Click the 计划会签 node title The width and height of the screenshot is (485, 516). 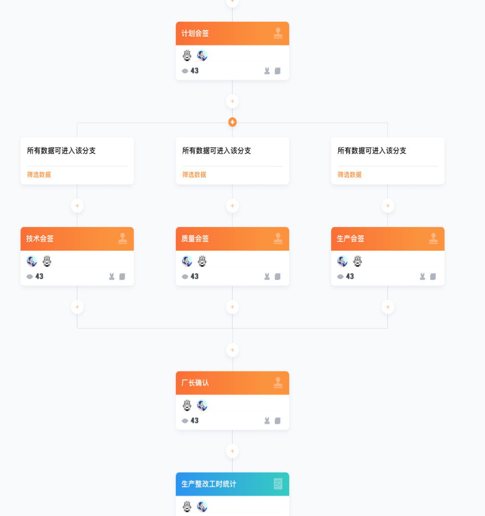[195, 33]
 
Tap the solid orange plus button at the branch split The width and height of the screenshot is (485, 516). [232, 122]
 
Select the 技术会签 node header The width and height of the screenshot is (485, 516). [77, 238]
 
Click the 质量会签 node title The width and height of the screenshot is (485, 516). [195, 238]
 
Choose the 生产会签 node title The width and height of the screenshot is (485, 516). [351, 238]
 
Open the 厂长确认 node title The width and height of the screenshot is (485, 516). [195, 383]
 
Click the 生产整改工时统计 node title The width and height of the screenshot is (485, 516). [209, 484]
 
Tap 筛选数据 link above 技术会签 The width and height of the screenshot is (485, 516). [39, 175]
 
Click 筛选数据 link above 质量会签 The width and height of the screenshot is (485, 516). [194, 175]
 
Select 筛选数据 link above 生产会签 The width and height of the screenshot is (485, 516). [350, 175]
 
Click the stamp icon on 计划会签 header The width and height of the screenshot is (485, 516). [278, 33]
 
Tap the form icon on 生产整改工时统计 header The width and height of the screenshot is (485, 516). [278, 484]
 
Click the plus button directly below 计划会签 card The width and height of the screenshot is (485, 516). [232, 101]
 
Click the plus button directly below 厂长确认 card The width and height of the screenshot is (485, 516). [232, 451]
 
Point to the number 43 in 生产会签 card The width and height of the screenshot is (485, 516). [350, 277]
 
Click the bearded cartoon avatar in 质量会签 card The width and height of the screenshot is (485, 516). [202, 261]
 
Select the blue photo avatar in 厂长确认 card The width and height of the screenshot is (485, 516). [202, 405]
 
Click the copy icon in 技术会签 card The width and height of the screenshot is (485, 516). [122, 277]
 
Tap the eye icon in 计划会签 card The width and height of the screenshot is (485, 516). [185, 71]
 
